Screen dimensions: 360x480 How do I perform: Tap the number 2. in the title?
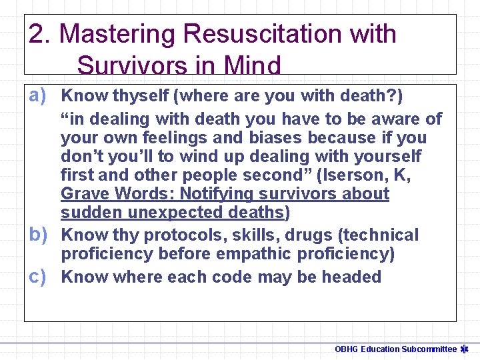(41, 33)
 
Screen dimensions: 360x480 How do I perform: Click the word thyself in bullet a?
(140, 96)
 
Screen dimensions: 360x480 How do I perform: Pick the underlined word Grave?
(85, 194)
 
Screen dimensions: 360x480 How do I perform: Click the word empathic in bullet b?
(258, 254)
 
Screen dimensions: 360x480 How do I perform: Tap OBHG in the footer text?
(347, 349)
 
